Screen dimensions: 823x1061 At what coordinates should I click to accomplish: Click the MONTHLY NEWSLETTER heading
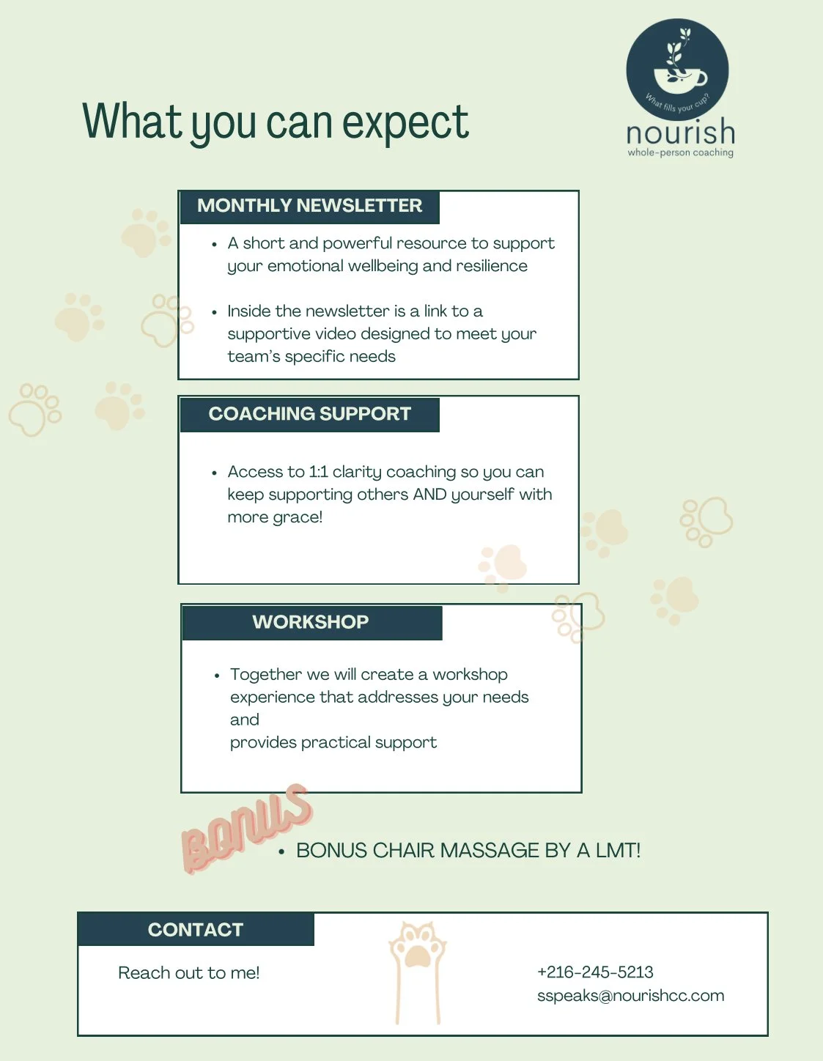coord(309,206)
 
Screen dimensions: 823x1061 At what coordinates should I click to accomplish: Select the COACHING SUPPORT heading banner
coord(309,414)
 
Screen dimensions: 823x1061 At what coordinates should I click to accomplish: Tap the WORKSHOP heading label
coord(311,622)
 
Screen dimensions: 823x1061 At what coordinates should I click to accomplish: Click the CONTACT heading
coord(195,930)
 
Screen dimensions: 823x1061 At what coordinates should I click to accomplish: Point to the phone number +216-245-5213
coord(595,972)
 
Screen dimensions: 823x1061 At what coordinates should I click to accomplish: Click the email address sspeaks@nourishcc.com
coord(630,996)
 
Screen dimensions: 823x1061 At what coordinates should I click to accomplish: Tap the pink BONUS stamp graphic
coord(246,829)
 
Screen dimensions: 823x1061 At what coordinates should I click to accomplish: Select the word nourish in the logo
coord(680,133)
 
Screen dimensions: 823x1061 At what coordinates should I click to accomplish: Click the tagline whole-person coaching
coord(680,153)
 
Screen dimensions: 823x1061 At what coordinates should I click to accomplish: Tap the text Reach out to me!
coord(189,973)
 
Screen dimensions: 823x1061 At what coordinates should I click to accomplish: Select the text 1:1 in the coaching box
coord(318,472)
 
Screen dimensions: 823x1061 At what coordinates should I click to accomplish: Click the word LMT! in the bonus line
coord(618,851)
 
